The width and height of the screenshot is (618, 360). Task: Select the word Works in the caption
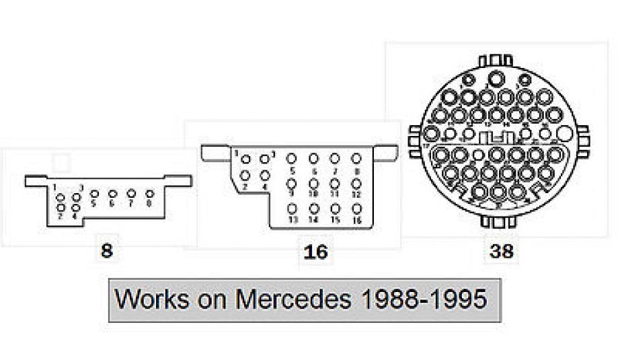click(x=152, y=298)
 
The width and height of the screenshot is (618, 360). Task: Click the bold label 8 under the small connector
click(x=106, y=252)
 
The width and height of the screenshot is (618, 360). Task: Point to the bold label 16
click(x=315, y=252)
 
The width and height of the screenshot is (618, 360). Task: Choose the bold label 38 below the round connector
click(x=501, y=252)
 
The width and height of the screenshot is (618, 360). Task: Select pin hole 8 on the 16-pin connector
click(x=356, y=159)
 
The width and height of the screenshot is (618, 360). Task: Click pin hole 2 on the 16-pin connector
click(x=246, y=176)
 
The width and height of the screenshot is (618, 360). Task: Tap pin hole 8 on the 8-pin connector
click(x=149, y=194)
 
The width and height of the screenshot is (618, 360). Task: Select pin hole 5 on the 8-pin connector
click(x=93, y=194)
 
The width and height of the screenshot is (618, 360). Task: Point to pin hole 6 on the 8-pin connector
click(x=112, y=194)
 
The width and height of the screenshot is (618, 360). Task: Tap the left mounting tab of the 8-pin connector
click(x=36, y=180)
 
